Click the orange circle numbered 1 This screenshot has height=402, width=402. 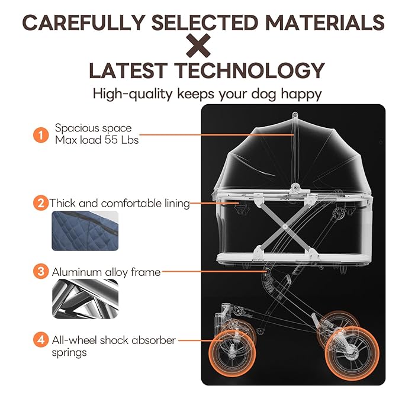coord(41,135)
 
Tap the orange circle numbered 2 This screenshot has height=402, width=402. coord(41,203)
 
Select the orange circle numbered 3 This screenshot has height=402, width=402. coord(41,271)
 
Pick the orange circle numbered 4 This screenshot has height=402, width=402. coord(41,340)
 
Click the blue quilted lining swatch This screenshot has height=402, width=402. coord(85,231)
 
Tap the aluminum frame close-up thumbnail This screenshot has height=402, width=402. coord(85,299)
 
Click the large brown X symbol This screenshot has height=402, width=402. coord(198,46)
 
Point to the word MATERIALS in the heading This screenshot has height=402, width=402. coord(324,22)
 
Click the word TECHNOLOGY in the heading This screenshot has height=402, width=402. coord(250,70)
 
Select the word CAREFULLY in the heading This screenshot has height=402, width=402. coord(84,22)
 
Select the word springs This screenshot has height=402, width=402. coord(69,353)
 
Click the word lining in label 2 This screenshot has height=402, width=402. coord(177,203)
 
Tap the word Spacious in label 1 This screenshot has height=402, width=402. coord(75,128)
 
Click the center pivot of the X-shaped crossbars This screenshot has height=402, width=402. coord(285,227)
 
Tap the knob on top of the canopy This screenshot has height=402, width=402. coord(295,114)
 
